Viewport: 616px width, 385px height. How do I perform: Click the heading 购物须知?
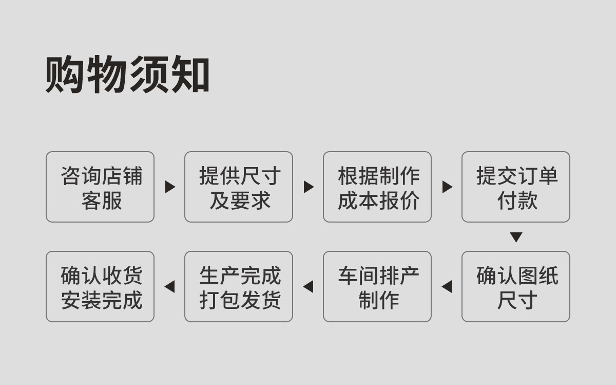tap(127, 74)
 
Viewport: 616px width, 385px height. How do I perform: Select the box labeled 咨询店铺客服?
tap(100, 187)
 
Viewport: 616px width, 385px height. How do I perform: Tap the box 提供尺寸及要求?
tap(239, 187)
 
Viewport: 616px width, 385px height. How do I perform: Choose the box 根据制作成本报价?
tap(377, 187)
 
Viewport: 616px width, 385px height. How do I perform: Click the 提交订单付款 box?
tap(516, 187)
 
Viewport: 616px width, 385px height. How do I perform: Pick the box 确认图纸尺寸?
tap(516, 286)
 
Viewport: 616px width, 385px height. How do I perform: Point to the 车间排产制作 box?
tap(377, 286)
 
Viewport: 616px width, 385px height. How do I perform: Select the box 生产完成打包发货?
tap(239, 286)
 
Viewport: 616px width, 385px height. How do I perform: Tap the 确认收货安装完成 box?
tap(100, 286)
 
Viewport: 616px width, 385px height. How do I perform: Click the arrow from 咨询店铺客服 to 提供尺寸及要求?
tap(170, 187)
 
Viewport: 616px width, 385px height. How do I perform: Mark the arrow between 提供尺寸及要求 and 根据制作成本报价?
tap(309, 187)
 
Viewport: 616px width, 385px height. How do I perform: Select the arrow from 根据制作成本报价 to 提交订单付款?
tap(447, 187)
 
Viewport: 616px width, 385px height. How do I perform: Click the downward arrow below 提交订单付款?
tap(516, 237)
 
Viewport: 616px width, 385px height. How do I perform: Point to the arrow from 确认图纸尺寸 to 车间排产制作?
tap(447, 287)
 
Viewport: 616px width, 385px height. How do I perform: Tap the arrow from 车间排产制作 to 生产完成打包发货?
tap(309, 287)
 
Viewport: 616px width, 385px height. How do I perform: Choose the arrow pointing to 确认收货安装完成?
tap(170, 287)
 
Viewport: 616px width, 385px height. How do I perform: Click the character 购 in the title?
tap(65, 74)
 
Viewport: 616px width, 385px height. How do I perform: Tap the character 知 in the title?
tap(190, 74)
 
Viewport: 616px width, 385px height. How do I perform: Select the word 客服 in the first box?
tap(102, 200)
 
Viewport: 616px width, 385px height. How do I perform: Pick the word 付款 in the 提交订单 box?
tap(517, 200)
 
